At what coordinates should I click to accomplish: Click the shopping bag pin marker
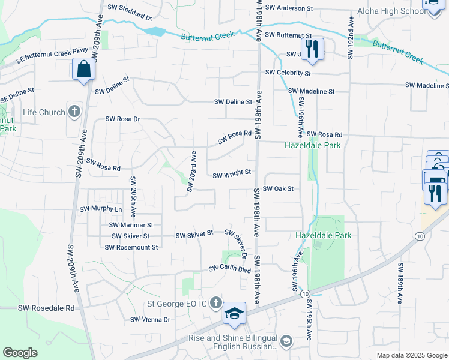tap(84, 69)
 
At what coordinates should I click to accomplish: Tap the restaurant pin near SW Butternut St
tap(312, 49)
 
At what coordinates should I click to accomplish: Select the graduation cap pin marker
tap(235, 313)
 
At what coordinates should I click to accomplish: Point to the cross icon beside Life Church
tap(74, 112)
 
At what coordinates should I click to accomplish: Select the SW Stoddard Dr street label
tap(130, 8)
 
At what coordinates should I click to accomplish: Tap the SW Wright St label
tap(232, 174)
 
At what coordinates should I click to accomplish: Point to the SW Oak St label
tap(278, 188)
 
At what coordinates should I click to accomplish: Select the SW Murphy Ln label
tap(101, 209)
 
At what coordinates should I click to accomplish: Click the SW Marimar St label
tap(131, 225)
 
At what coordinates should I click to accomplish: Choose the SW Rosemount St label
tap(131, 247)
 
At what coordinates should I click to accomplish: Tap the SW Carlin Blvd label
tap(229, 269)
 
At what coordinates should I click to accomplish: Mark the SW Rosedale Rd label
tap(46, 308)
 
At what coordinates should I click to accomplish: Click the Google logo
tap(20, 353)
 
